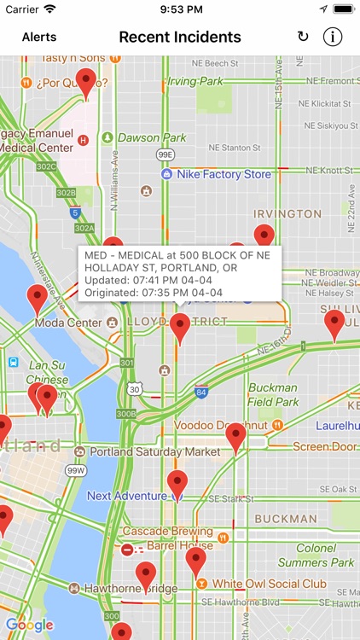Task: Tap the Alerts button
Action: (x=39, y=37)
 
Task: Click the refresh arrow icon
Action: (x=303, y=37)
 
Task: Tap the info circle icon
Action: (x=333, y=37)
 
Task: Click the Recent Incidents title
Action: (x=180, y=37)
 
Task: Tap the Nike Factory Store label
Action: (x=224, y=174)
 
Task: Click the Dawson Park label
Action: (x=152, y=137)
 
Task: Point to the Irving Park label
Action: (x=195, y=81)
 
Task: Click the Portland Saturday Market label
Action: (x=154, y=451)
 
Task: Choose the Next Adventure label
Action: (x=127, y=496)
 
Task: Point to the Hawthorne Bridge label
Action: (x=131, y=588)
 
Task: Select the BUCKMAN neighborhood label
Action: (x=286, y=518)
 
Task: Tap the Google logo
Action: (x=29, y=625)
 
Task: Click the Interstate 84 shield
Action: (x=201, y=393)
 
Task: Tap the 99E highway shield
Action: (x=165, y=154)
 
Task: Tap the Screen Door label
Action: (x=324, y=446)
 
